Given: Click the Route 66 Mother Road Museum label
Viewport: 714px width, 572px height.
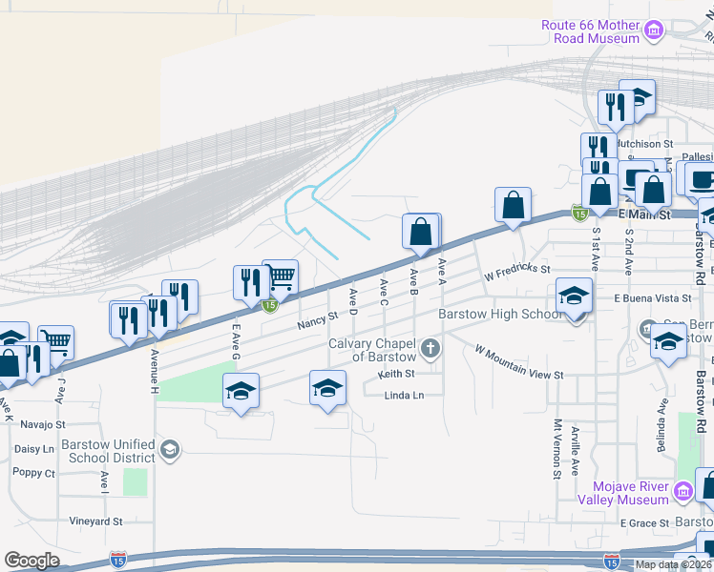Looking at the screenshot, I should (590, 31).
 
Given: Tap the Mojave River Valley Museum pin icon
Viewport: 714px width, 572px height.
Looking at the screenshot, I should (682, 492).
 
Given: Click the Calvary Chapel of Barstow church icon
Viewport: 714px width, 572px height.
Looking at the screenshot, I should (430, 348).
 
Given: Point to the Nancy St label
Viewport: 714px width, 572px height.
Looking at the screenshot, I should (318, 319).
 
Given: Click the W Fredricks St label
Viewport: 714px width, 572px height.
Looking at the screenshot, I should (517, 275).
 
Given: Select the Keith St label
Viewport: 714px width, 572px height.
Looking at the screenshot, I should (396, 374).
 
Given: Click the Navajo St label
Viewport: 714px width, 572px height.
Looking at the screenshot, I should (39, 423).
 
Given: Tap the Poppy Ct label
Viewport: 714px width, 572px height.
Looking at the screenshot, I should (33, 472).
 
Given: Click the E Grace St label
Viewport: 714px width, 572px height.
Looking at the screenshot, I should (644, 523).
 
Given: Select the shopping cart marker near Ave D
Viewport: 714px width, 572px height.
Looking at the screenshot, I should (280, 276).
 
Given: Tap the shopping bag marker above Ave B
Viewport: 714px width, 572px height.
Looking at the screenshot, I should (421, 231).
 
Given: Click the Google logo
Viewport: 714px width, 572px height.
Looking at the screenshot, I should (31, 561).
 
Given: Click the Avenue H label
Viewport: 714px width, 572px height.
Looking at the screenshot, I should (154, 370).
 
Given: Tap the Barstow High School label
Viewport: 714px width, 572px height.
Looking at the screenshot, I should (499, 314).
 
